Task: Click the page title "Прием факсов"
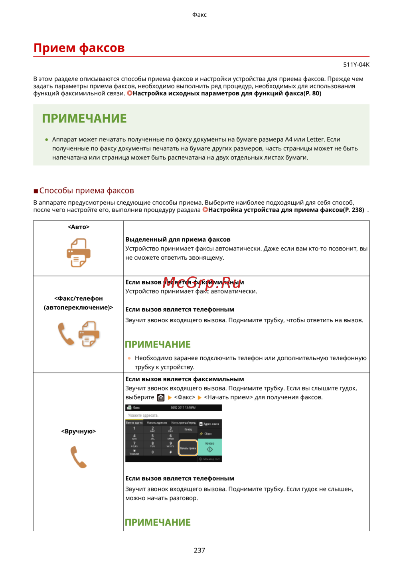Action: pyautogui.click(x=79, y=48)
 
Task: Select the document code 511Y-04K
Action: pyautogui.click(x=356, y=65)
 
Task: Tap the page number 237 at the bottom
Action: pyautogui.click(x=199, y=550)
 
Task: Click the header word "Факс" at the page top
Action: pyautogui.click(x=199, y=15)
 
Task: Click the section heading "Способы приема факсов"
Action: pyautogui.click(x=86, y=191)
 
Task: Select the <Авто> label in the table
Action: pyautogui.click(x=79, y=227)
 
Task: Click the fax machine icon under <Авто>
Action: pyautogui.click(x=79, y=252)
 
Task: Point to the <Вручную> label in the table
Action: pyautogui.click(x=79, y=431)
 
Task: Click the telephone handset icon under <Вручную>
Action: pyautogui.click(x=79, y=457)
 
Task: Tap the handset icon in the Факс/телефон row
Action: pyautogui.click(x=66, y=333)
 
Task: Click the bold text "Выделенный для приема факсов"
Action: pyautogui.click(x=178, y=239)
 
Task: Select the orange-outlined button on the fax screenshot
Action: pyautogui.click(x=188, y=448)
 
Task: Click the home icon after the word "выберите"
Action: pyautogui.click(x=161, y=398)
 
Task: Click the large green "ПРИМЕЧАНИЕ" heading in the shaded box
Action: pyautogui.click(x=84, y=118)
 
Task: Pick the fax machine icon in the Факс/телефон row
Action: pyautogui.click(x=89, y=333)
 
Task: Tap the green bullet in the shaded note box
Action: pyautogui.click(x=47, y=140)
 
